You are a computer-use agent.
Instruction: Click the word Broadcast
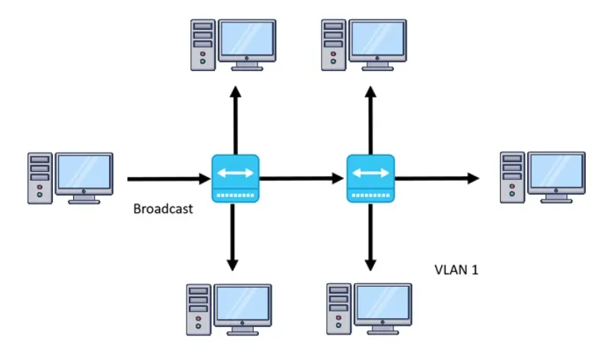(x=163, y=208)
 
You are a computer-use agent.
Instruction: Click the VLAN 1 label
(x=455, y=269)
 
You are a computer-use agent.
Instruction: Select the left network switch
(x=235, y=179)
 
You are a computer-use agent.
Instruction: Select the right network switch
(x=370, y=179)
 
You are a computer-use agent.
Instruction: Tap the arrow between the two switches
(x=302, y=179)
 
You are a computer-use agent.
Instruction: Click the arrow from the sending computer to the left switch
(x=168, y=179)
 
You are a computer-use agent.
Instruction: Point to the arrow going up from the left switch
(x=235, y=120)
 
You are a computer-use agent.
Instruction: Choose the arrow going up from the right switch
(x=370, y=120)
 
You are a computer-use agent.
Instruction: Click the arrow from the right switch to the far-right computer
(x=437, y=179)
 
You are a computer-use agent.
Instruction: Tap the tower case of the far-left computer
(x=40, y=179)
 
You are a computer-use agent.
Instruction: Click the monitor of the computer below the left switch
(x=243, y=304)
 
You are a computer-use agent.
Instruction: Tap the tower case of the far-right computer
(x=512, y=179)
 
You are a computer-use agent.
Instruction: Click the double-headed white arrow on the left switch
(x=235, y=173)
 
